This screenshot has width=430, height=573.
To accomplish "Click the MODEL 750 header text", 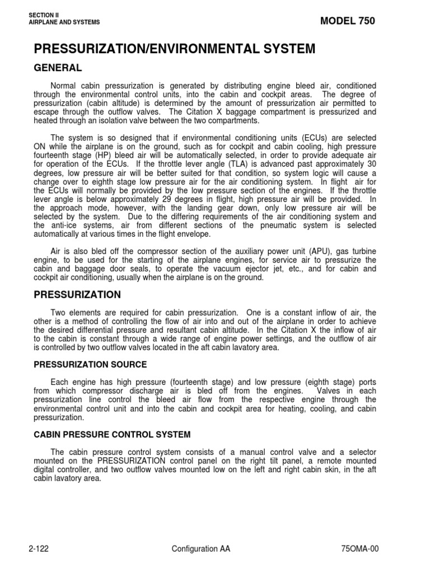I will [x=347, y=21].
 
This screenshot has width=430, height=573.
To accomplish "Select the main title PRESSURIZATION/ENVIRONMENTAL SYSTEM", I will [x=175, y=49].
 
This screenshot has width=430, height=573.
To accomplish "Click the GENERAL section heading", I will [x=58, y=68].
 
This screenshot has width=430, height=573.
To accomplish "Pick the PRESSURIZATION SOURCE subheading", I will [x=90, y=364].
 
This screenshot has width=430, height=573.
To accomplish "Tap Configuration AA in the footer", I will [x=201, y=549].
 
